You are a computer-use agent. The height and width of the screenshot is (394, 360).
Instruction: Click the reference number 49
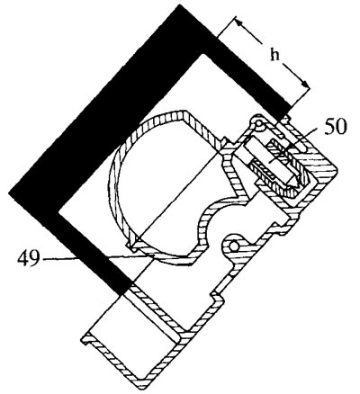tap(28, 258)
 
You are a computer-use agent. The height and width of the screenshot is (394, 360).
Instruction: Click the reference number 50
tap(335, 127)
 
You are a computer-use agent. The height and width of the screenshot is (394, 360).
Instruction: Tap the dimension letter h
tap(274, 55)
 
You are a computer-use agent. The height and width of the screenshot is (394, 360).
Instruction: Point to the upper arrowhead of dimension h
tap(238, 22)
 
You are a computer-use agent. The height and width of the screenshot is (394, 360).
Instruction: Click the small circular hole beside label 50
tap(258, 123)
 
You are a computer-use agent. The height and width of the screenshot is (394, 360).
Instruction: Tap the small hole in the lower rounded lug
tap(234, 246)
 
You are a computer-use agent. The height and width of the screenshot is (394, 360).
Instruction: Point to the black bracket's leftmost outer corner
tap(10, 193)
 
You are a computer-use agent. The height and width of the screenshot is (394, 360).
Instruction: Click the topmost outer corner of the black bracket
tap(179, 5)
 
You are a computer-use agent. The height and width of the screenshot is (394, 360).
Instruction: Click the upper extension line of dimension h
tap(227, 27)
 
